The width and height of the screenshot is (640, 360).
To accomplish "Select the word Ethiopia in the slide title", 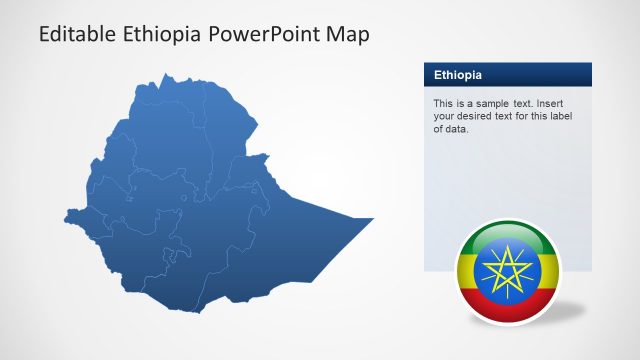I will tap(164, 35).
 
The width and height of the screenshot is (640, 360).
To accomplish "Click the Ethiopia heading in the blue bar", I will tap(458, 75).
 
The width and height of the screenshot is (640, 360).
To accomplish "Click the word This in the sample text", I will tap(443, 104).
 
